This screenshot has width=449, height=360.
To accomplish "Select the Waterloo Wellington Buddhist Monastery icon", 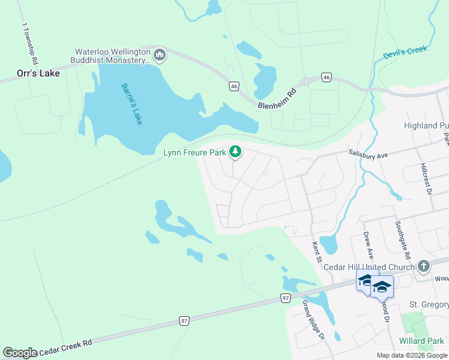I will (160, 56).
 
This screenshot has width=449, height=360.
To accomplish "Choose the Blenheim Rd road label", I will (277, 97).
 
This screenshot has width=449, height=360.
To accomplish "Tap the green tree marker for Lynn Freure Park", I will (236, 152).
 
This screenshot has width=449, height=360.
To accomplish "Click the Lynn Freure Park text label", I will (194, 152).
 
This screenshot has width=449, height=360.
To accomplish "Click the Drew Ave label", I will (367, 245).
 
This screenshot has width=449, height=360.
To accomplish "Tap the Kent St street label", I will (316, 251).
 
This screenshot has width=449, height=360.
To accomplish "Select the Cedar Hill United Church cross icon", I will (424, 266).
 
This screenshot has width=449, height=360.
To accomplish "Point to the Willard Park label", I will (423, 341).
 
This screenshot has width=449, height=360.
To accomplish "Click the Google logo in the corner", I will (20, 353).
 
